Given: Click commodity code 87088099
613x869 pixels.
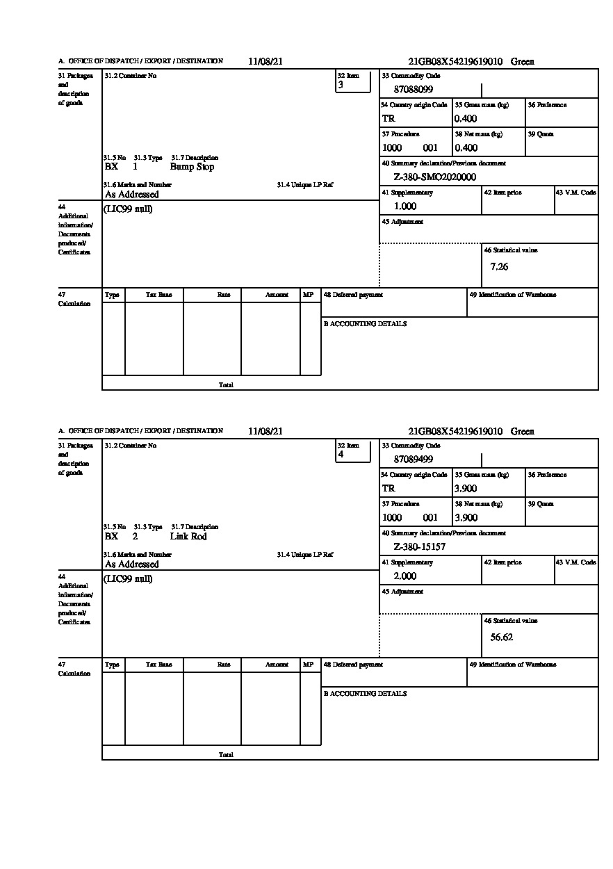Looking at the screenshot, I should click(x=414, y=90).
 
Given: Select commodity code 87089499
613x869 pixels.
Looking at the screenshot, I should click(x=414, y=460).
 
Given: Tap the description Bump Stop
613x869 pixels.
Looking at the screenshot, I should click(x=192, y=167).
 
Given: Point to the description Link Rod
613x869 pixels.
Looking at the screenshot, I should click(x=188, y=537).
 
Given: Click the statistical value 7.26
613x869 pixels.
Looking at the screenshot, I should click(x=499, y=267).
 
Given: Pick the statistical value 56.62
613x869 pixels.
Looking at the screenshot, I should click(x=501, y=637).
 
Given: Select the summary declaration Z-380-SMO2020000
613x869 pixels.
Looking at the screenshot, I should click(x=435, y=177).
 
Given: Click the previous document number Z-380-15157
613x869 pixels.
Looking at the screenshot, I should click(x=420, y=547).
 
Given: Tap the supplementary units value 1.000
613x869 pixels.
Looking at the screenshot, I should click(x=405, y=206).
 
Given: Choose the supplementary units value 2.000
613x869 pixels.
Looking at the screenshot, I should click(x=405, y=576).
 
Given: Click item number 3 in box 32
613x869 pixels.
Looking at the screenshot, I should click(x=341, y=85).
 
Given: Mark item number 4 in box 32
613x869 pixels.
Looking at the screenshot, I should click(x=341, y=455).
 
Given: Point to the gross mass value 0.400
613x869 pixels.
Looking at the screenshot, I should click(x=466, y=119).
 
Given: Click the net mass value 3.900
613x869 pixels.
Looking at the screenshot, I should click(x=466, y=518).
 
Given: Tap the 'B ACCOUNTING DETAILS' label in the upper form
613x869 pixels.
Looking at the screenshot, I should click(x=365, y=324).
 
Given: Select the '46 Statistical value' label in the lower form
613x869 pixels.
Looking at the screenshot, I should click(x=511, y=620).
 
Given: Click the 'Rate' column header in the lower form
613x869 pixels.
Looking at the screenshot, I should click(x=223, y=665).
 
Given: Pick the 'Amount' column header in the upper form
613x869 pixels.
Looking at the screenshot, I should click(x=277, y=295).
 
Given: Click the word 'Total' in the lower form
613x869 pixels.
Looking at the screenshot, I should click(x=226, y=754).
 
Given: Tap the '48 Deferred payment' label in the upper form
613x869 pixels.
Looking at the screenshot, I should click(x=353, y=295).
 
